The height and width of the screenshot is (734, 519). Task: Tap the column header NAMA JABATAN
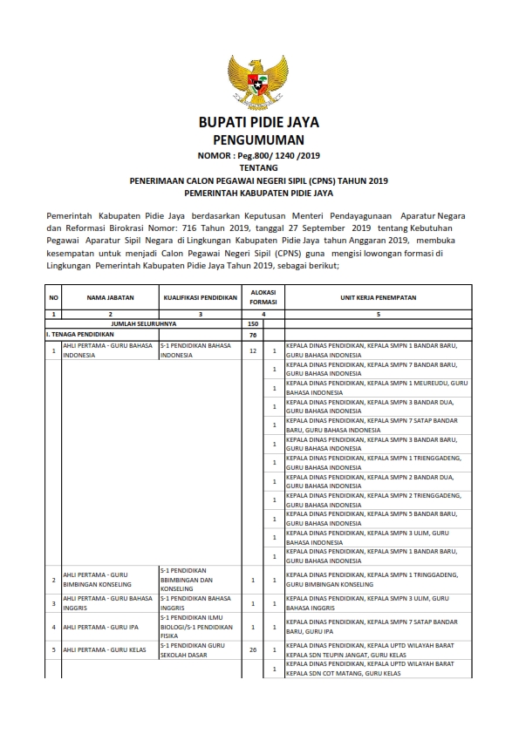(x=110, y=297)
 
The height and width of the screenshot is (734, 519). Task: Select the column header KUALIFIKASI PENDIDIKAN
(x=200, y=297)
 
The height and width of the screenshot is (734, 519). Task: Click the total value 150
(x=253, y=323)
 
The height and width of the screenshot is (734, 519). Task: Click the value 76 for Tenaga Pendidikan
(x=253, y=334)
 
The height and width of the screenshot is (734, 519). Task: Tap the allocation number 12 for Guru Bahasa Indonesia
(x=253, y=350)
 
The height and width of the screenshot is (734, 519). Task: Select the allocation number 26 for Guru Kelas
(x=253, y=649)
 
